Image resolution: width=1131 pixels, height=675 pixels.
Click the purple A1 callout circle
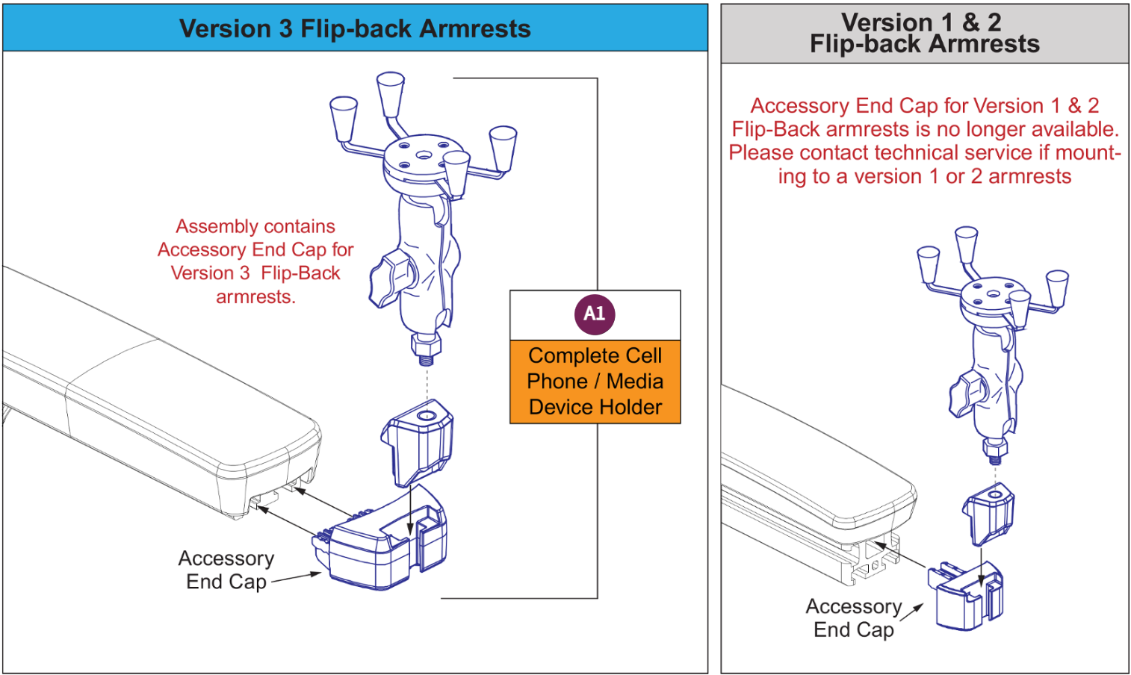[595, 314]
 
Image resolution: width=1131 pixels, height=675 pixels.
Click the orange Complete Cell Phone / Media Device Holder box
[595, 382]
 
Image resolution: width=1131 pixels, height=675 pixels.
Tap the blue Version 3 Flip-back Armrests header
[355, 28]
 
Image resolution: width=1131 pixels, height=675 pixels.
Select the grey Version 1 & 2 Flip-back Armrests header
[924, 34]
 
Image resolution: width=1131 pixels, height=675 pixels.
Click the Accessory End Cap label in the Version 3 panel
[226, 570]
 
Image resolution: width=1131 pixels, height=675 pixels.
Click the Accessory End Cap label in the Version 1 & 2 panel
[854, 618]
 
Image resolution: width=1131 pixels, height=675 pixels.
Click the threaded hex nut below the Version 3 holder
[426, 347]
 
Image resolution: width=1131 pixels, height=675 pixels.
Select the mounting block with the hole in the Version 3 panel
[418, 441]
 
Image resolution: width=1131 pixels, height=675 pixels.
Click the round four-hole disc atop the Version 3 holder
[422, 156]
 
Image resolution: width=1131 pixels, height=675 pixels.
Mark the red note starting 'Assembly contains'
[255, 261]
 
